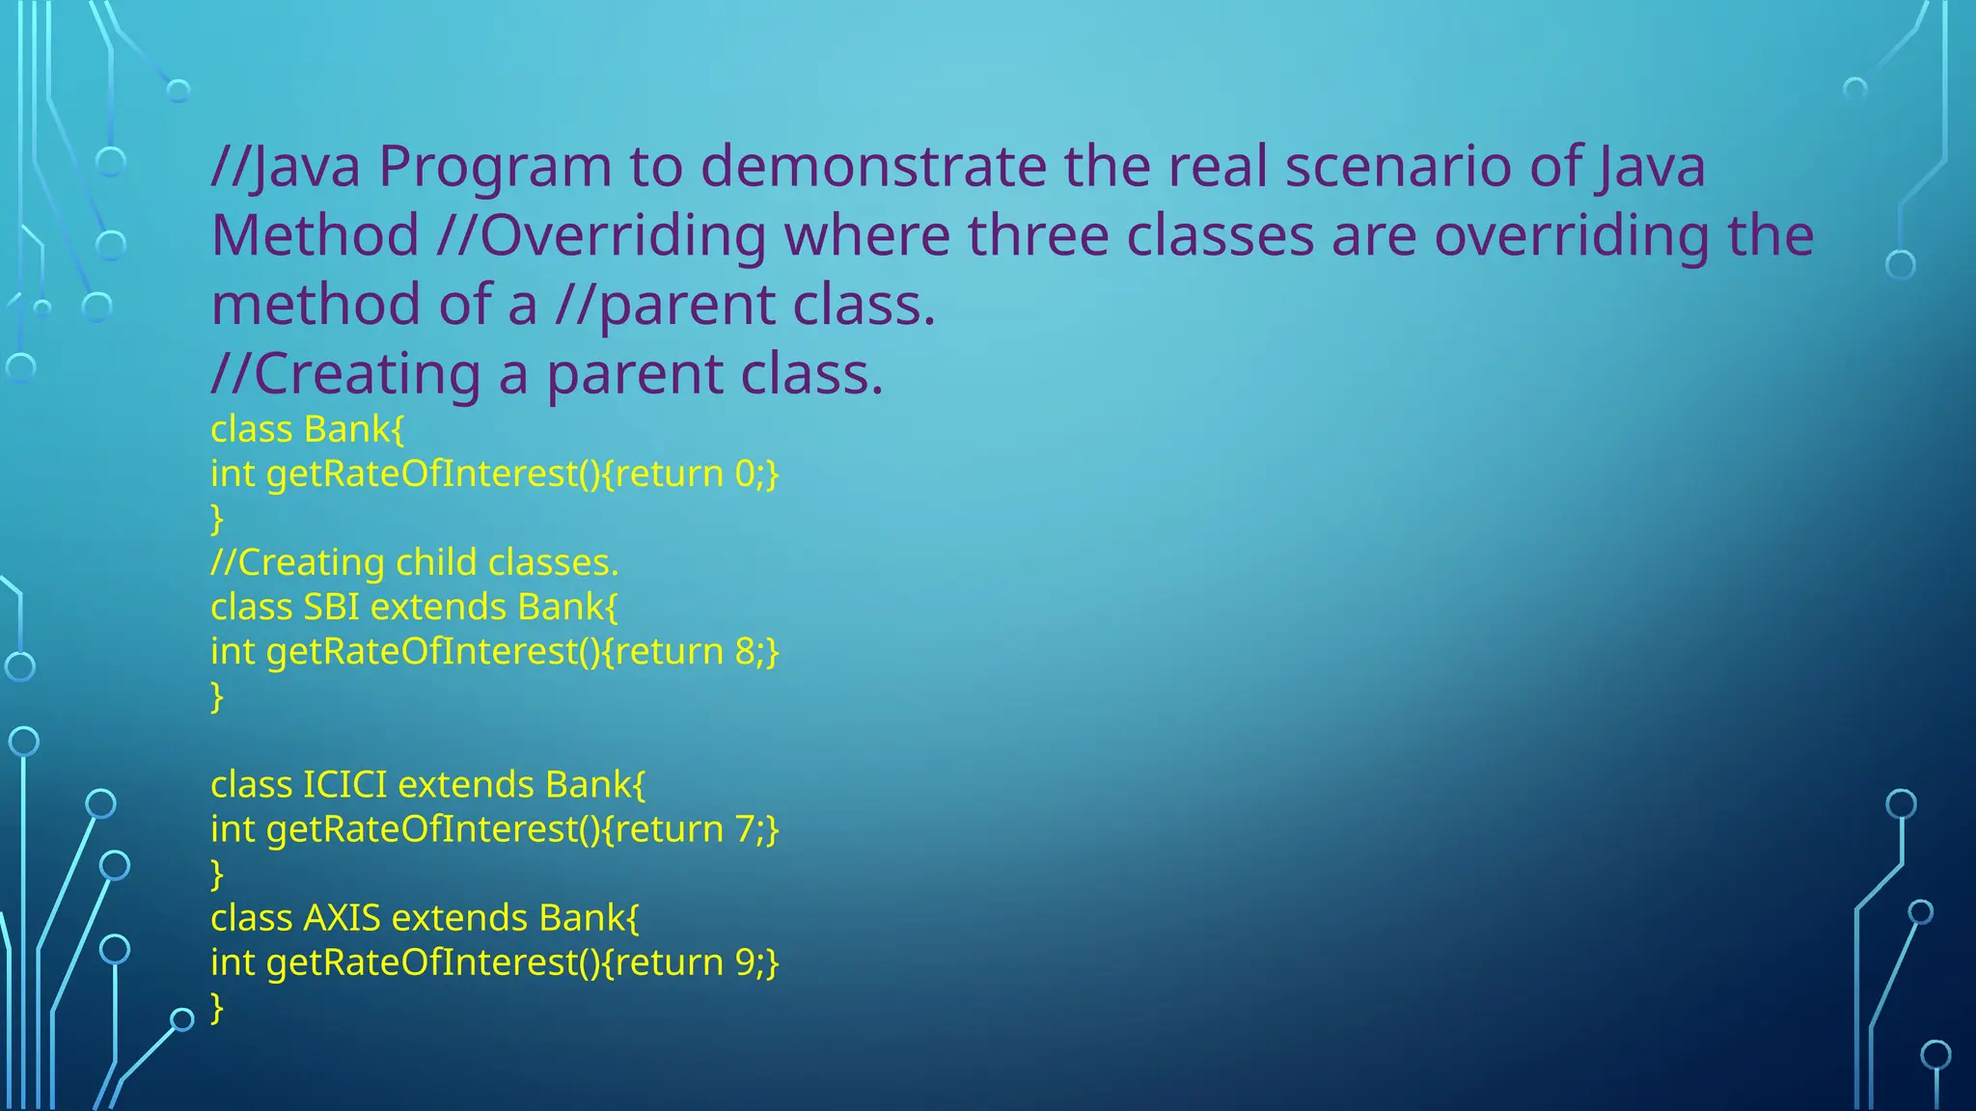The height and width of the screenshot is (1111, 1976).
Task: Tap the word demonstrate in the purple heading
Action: tap(873, 166)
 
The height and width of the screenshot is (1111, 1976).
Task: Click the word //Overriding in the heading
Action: tap(600, 236)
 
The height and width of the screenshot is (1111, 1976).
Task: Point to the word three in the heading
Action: tap(1038, 235)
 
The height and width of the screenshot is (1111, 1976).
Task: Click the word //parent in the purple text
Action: tap(665, 306)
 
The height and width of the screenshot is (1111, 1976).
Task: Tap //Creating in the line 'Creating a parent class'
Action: tap(345, 374)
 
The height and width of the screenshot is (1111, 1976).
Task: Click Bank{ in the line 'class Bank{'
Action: tap(353, 429)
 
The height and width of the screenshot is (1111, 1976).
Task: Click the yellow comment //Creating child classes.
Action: tap(414, 562)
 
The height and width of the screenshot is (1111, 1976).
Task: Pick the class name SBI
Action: tap(331, 607)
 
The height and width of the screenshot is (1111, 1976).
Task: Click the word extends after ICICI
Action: tap(465, 785)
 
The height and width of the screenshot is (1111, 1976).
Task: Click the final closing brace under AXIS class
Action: tap(217, 1008)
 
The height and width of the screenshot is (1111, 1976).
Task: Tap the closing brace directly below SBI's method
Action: tap(217, 696)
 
